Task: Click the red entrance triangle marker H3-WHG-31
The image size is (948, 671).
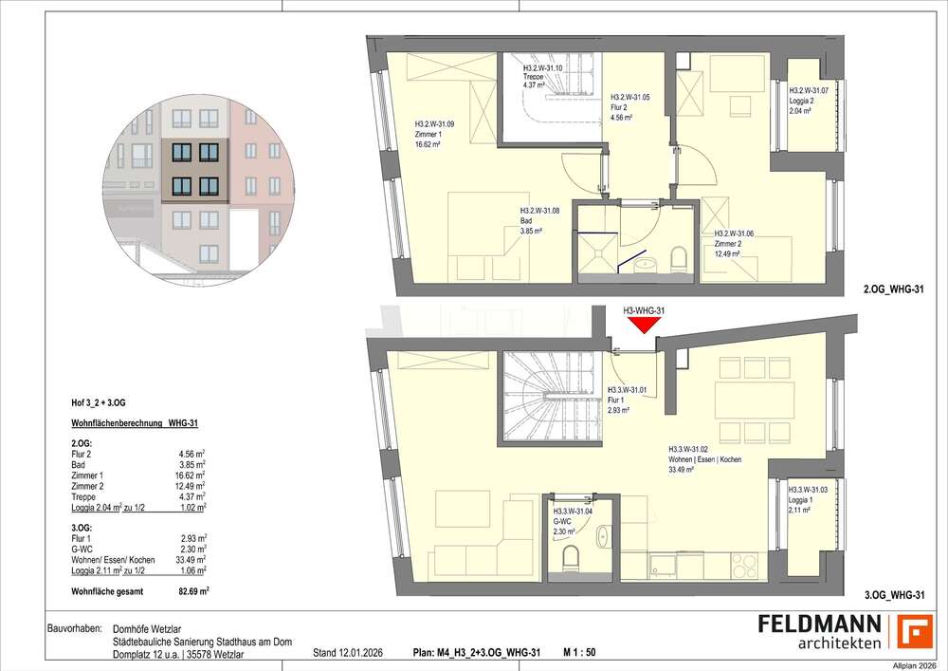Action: click(x=644, y=325)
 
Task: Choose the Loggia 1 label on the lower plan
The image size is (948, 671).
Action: click(x=808, y=499)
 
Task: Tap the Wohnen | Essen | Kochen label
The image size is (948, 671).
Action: click(x=704, y=459)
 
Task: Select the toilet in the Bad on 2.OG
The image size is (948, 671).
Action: click(x=677, y=257)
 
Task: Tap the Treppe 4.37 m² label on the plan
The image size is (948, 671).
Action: click(x=543, y=77)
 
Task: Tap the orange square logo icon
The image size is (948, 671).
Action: click(x=915, y=631)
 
